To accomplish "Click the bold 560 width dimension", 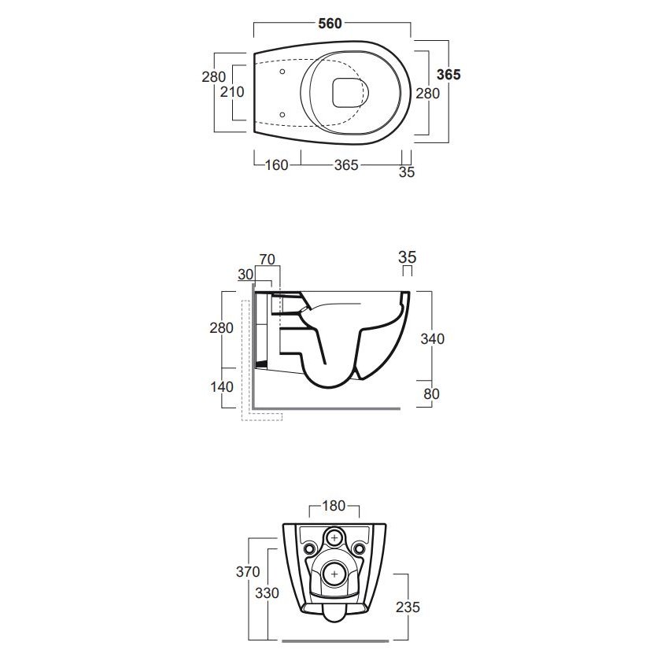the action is tap(330, 24).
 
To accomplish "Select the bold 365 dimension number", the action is tap(448, 75).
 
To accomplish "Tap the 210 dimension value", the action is tap(232, 92).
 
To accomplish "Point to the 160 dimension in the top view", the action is tap(276, 165).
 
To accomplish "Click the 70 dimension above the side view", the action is tap(267, 260).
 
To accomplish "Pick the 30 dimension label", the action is tap(245, 275).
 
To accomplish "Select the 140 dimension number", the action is tap(222, 387).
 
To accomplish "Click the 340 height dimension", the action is tap(433, 338).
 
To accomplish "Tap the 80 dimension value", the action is tap(431, 394).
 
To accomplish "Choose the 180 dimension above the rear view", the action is tap(334, 506).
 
